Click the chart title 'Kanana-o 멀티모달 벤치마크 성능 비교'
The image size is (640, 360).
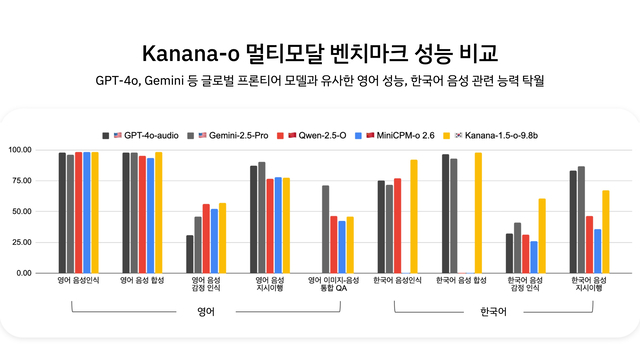(320, 52)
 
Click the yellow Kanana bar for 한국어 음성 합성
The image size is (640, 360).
(478, 212)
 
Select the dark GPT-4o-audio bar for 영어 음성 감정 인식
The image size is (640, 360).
(190, 254)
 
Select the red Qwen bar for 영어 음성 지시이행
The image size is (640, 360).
(270, 225)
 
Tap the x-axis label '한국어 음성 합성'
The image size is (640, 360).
(462, 280)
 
